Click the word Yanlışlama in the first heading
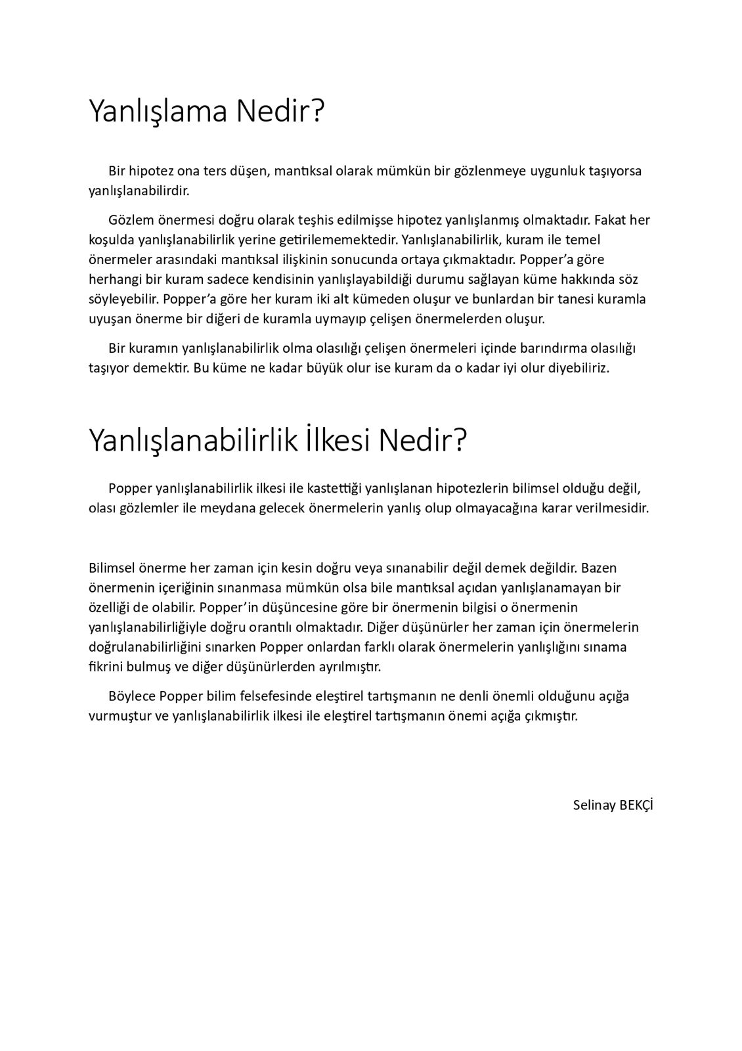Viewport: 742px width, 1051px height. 158,112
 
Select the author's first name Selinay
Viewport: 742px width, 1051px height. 594,805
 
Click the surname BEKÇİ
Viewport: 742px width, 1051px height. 636,805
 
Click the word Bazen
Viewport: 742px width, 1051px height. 599,567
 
